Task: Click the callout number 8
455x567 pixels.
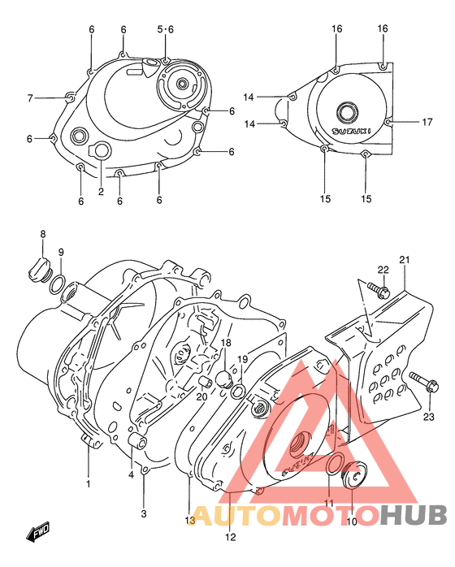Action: click(43, 235)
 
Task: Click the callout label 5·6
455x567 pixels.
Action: click(165, 29)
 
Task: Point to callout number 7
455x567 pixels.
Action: click(30, 98)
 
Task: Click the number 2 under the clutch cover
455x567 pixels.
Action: click(101, 192)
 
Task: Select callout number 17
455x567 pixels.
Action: click(427, 123)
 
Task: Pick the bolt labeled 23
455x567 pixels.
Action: click(419, 379)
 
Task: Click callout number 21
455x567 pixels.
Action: click(404, 260)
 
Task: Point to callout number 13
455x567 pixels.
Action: click(188, 521)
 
